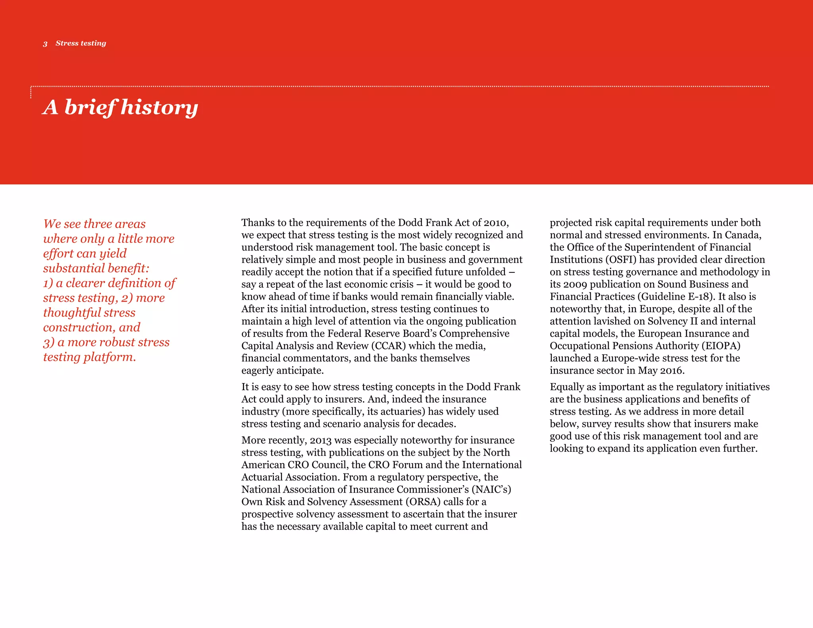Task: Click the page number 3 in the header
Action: (45, 44)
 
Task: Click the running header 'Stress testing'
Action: (81, 43)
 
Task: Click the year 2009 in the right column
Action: (575, 284)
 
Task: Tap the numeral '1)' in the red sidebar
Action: (48, 283)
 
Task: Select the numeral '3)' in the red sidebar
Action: (48, 342)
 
